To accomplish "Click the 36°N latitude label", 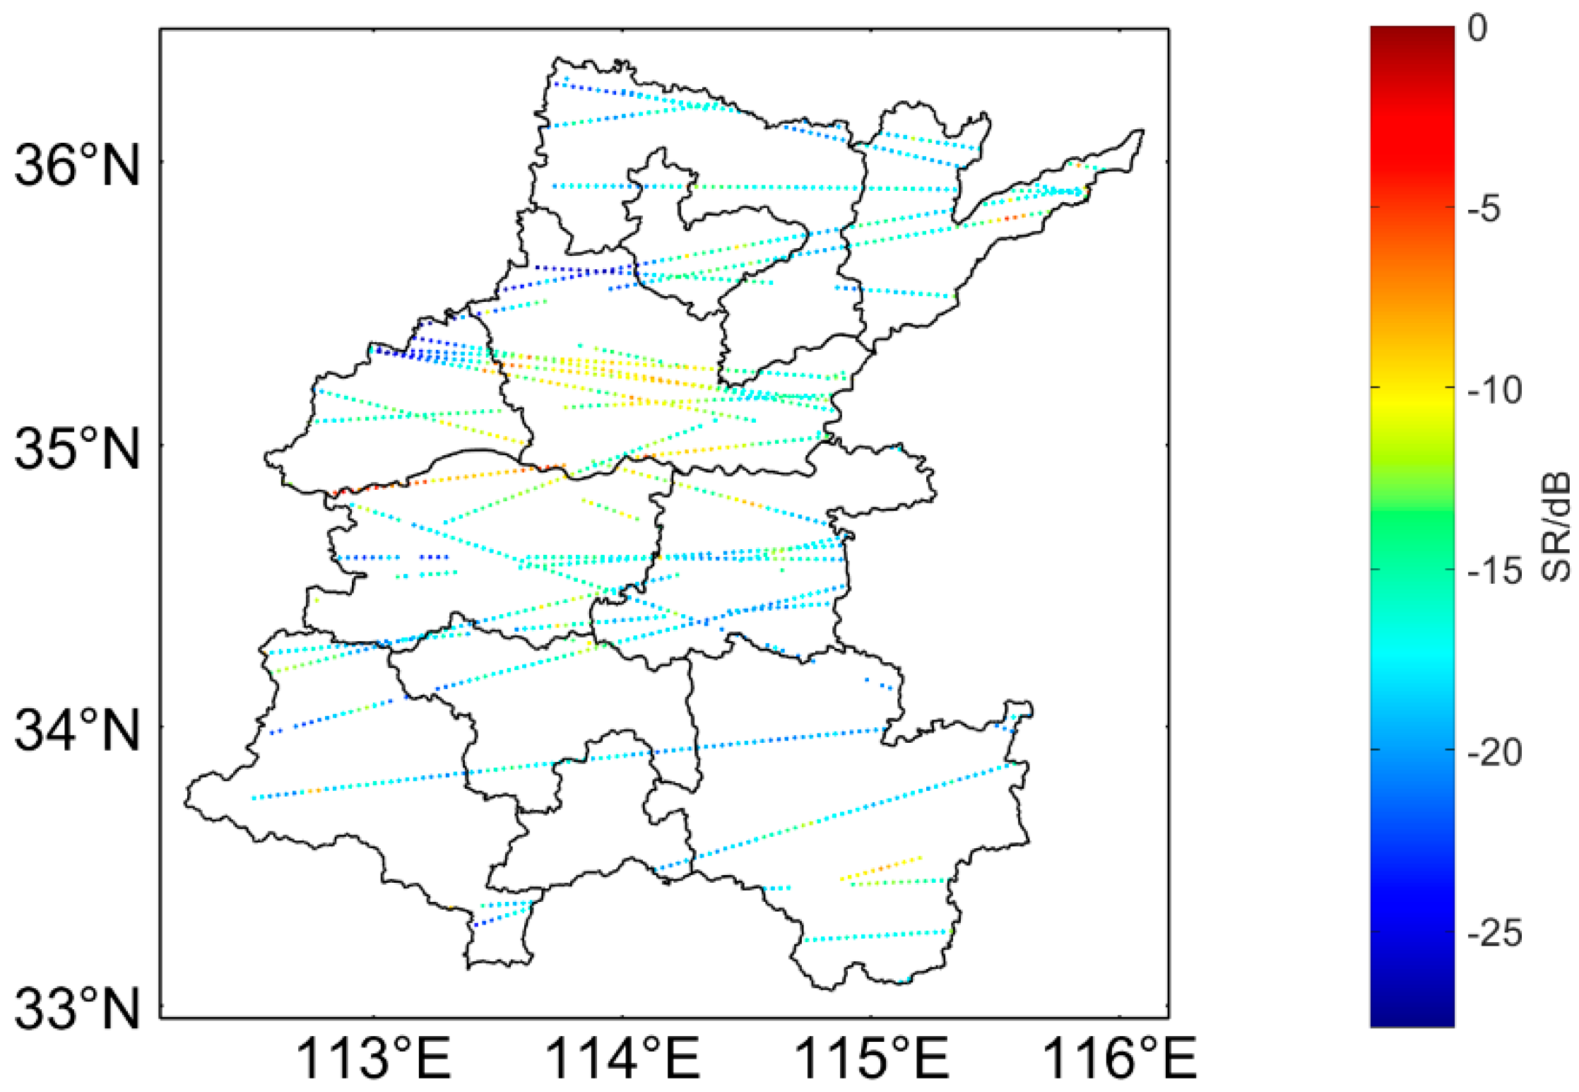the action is (76, 165).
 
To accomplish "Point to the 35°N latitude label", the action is (76, 450).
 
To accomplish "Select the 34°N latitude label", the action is (76, 730).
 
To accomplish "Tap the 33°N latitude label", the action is (76, 1009).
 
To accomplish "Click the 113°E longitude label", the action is (373, 1059).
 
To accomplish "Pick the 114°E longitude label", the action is (622, 1059).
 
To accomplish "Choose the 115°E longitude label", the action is (871, 1059).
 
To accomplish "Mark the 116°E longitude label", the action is (1119, 1059).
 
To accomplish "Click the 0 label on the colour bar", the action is (1477, 28).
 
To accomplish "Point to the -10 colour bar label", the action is (1494, 389).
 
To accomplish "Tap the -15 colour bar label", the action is (1494, 570).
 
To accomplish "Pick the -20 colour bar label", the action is (1494, 752).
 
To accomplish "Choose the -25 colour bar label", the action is (1494, 934).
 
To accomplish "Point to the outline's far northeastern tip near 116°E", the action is (1139, 132).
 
